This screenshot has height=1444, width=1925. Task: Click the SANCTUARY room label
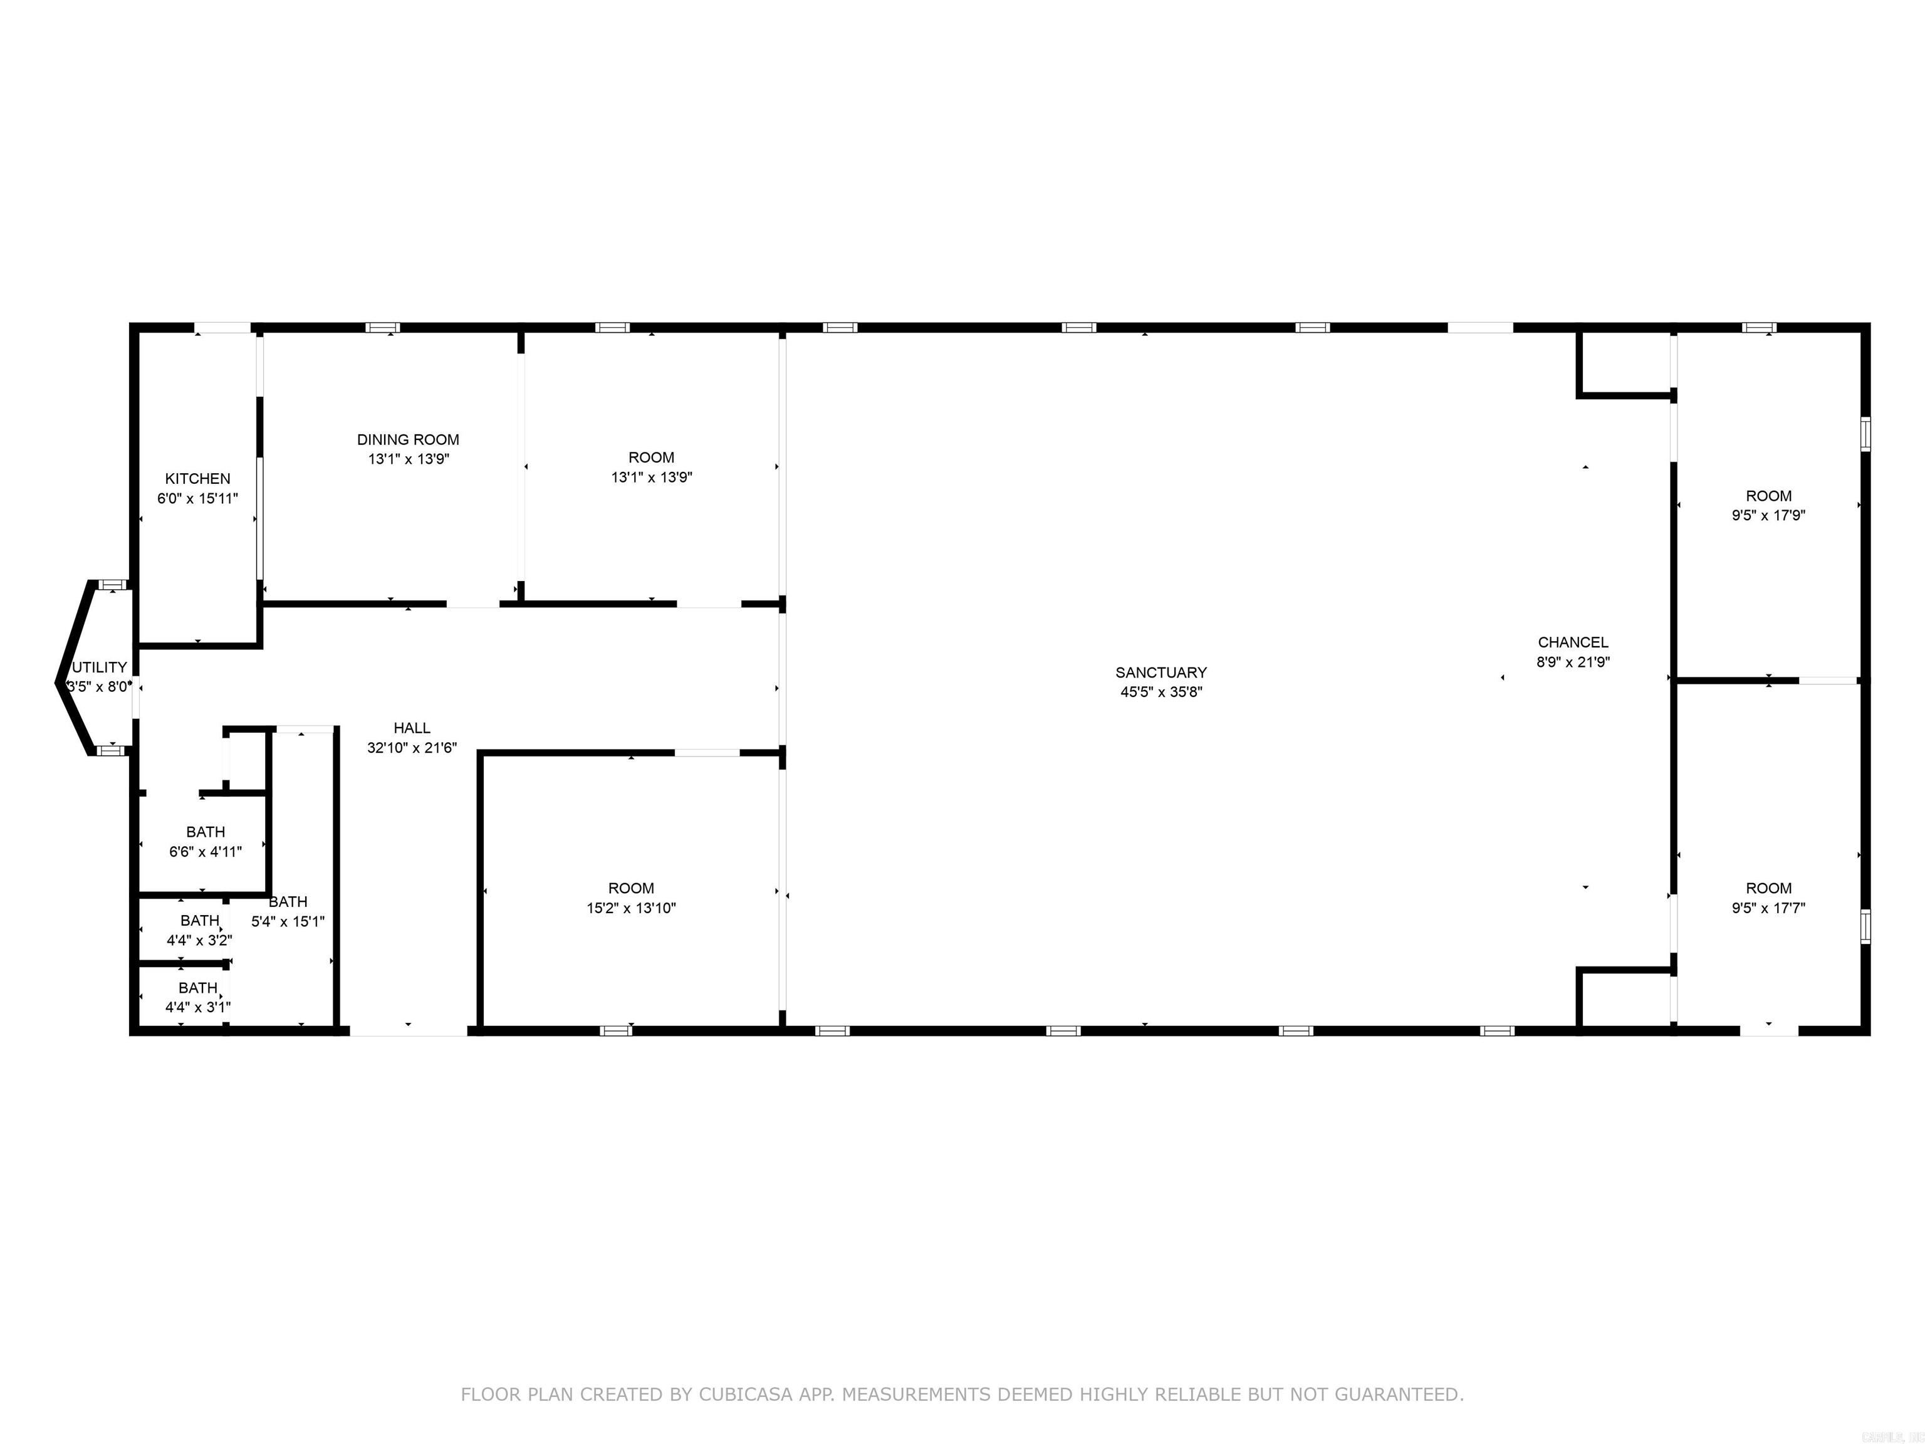click(1161, 672)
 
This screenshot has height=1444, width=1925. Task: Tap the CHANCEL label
click(1573, 642)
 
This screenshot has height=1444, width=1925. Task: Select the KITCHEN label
click(197, 479)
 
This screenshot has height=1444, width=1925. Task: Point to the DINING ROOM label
click(408, 439)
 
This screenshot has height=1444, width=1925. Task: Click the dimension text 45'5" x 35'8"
click(1161, 692)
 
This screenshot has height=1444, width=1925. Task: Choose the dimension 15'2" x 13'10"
click(631, 908)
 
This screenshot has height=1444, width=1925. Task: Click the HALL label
click(412, 728)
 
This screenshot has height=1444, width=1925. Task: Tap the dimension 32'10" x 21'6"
click(412, 748)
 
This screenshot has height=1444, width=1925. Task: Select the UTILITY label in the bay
click(100, 667)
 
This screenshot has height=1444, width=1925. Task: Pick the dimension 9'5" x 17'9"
click(1768, 515)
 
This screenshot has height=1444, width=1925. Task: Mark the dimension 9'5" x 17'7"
click(1768, 908)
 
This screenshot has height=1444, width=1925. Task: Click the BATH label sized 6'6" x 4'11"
click(206, 832)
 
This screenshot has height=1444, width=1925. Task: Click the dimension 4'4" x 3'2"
click(199, 940)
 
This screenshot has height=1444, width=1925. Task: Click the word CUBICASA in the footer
click(746, 1394)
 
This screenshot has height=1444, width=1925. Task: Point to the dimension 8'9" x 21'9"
click(1573, 661)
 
